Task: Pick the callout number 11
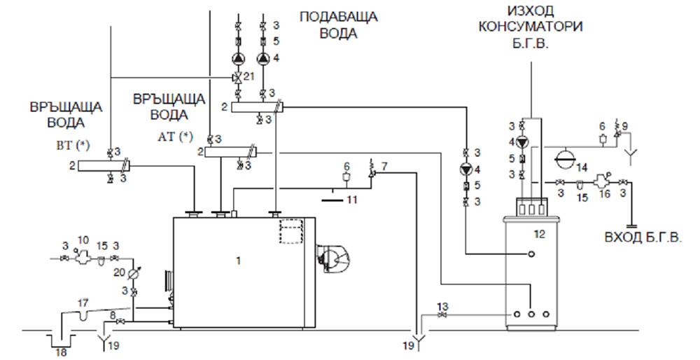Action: click(x=351, y=200)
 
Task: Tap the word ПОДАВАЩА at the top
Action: click(x=339, y=16)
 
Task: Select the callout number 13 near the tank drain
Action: click(x=442, y=306)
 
